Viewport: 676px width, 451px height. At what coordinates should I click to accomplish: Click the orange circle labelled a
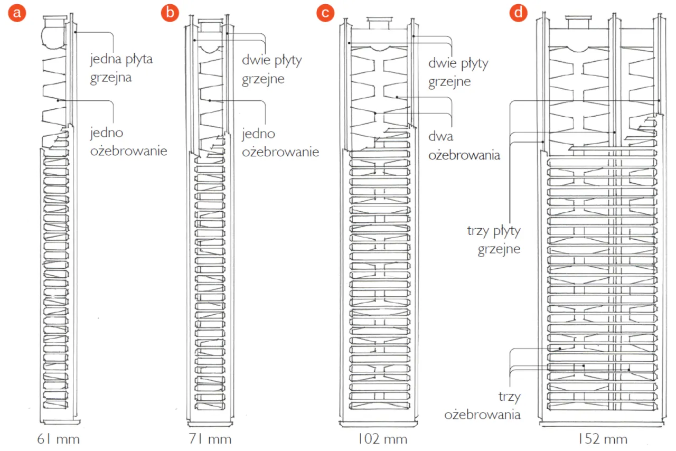(17, 13)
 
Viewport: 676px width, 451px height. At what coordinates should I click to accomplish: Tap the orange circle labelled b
(170, 13)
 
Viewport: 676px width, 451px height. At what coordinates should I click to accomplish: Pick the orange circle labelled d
(518, 13)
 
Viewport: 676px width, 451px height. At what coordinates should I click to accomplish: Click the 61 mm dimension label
(58, 439)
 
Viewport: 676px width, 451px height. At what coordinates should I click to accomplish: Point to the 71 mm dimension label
(210, 439)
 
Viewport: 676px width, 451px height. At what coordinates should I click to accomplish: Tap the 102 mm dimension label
(378, 439)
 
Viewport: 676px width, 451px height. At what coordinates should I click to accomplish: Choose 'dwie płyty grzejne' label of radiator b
(272, 69)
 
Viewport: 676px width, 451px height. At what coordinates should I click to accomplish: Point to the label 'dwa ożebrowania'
(464, 146)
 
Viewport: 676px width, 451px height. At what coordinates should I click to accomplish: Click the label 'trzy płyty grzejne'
(494, 239)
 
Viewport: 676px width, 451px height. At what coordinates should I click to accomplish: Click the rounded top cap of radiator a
(53, 34)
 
